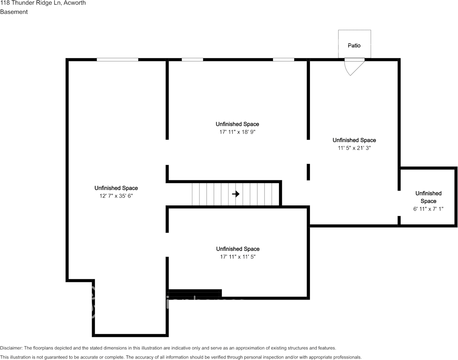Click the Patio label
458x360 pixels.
tap(354, 46)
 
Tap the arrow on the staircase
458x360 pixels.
tap(236, 194)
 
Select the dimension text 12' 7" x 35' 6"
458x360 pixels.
tap(116, 196)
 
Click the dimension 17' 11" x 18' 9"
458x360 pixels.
tap(237, 132)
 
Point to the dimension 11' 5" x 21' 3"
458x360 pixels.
tap(354, 148)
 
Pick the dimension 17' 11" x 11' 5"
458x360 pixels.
tap(238, 256)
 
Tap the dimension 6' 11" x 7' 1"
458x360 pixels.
tap(428, 209)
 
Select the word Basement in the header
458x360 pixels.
tap(14, 12)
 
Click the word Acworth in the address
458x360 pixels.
tap(75, 3)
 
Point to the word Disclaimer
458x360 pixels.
tap(11, 348)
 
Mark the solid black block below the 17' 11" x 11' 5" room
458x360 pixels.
tap(195, 293)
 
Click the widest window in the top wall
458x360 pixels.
tap(118, 60)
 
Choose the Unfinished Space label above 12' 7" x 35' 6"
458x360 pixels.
tap(116, 188)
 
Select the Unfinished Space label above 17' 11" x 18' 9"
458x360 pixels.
tap(237, 124)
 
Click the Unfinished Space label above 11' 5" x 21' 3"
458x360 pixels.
tap(354, 140)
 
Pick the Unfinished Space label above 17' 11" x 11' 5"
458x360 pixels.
tap(238, 249)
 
